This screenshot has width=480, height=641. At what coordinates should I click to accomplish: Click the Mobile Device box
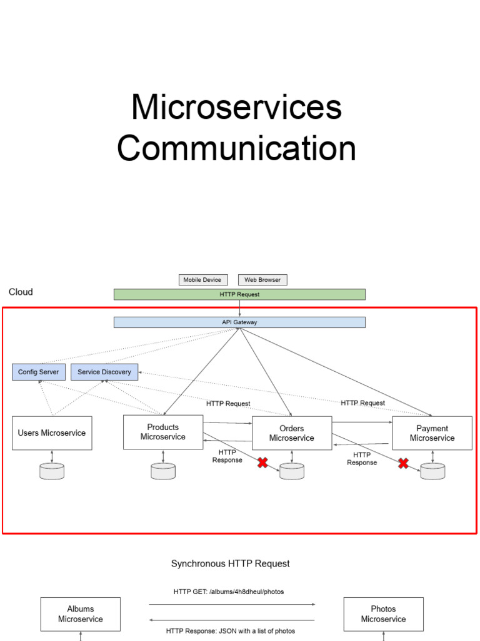pyautogui.click(x=202, y=280)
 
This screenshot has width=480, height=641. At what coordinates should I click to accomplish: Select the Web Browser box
pyautogui.click(x=262, y=280)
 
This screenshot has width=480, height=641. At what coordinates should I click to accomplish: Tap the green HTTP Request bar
pyautogui.click(x=239, y=294)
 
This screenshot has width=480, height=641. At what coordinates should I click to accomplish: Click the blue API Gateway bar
pyautogui.click(x=239, y=322)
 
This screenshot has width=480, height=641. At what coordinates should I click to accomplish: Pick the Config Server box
pyautogui.click(x=38, y=372)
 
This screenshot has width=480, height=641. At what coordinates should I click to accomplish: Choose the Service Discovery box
pyautogui.click(x=104, y=372)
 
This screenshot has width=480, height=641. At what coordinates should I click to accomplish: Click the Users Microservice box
pyautogui.click(x=52, y=433)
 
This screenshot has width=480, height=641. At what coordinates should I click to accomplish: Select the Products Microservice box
pyautogui.click(x=163, y=432)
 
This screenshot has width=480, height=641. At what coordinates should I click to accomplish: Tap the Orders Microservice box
pyautogui.click(x=292, y=433)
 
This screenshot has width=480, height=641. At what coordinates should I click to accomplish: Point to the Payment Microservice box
pyautogui.click(x=432, y=433)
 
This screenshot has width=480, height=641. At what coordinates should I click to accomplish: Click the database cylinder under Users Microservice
pyautogui.click(x=52, y=471)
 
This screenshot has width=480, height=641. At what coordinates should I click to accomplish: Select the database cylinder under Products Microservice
pyautogui.click(x=163, y=471)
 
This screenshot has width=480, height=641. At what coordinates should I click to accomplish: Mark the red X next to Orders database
pyautogui.click(x=263, y=463)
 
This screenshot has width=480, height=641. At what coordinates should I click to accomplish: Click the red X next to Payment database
pyautogui.click(x=404, y=463)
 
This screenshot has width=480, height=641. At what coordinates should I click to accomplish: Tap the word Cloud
pyautogui.click(x=21, y=292)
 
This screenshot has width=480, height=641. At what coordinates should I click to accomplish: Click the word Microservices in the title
pyautogui.click(x=236, y=107)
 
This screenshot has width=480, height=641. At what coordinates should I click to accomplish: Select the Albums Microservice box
pyautogui.click(x=81, y=613)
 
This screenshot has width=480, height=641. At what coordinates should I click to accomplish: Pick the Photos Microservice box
pyautogui.click(x=384, y=613)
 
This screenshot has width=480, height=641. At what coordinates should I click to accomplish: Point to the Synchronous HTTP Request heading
pyautogui.click(x=231, y=563)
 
